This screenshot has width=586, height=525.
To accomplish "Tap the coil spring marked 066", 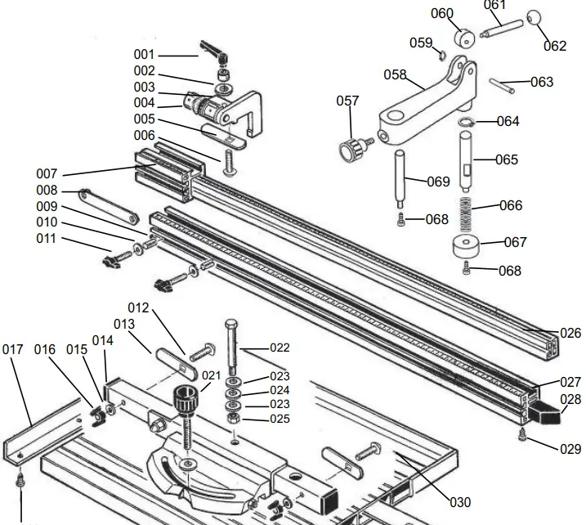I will point(463,216).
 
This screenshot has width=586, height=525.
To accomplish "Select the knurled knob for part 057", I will point(352,150).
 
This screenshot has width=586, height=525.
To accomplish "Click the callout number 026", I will point(570,333).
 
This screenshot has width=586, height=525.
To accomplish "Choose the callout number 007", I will point(47,174).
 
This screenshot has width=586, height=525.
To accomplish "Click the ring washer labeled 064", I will point(466,122).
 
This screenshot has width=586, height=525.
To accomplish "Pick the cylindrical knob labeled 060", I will point(465,38).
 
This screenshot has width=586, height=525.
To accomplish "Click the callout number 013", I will point(123,325).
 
